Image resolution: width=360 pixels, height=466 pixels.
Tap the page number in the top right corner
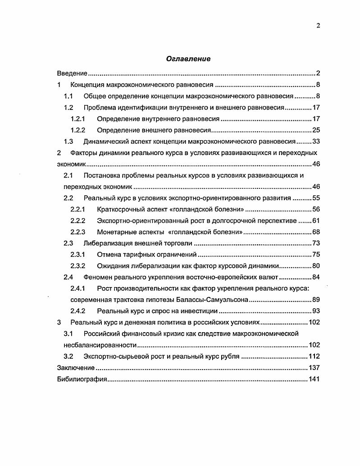pos(318,26)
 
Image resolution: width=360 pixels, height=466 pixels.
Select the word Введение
pos(72,73)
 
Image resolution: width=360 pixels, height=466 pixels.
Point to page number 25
pos(316,130)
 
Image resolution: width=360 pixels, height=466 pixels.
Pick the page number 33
pos(316,142)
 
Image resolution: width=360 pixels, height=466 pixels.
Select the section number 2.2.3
pos(79,232)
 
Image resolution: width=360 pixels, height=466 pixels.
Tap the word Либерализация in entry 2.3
pos(105,243)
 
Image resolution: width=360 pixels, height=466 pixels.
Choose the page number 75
pos(316,255)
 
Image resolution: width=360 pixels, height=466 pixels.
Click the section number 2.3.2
pos(79,266)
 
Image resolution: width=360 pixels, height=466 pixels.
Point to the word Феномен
pos(98,277)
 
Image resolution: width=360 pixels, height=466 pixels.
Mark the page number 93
pos(316,311)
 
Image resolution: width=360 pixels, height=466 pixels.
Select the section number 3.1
pos(68,334)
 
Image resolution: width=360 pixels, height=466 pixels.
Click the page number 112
pos(314,356)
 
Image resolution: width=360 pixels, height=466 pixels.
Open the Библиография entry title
pos(82,379)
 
